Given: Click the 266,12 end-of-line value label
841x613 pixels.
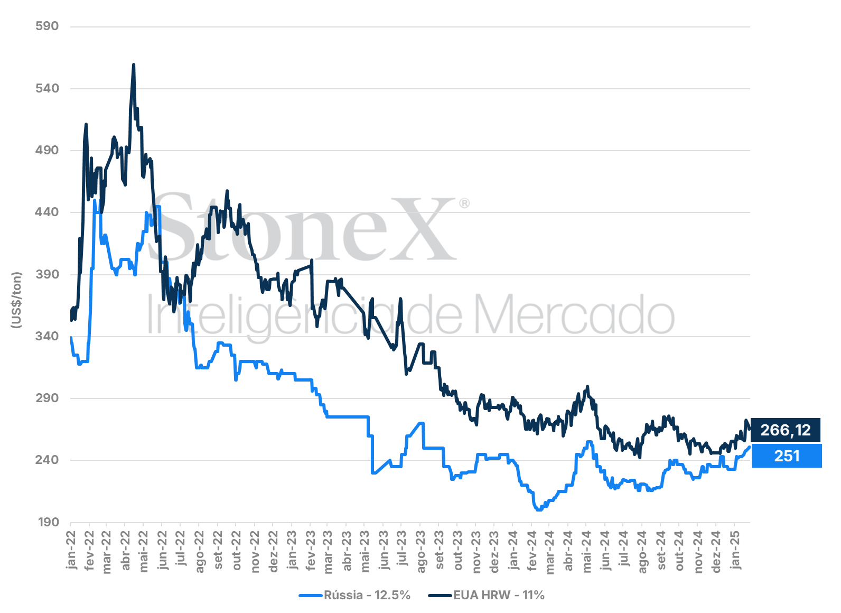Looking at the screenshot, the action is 786,430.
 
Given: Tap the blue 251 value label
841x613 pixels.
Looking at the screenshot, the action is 787,456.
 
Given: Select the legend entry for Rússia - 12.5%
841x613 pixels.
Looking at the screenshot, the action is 354,596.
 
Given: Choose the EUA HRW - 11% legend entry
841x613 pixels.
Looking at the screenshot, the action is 486,596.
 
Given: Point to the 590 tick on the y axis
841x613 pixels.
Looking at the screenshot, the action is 48,26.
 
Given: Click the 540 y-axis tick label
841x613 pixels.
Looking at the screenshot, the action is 48,89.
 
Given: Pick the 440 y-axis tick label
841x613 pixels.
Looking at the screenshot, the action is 48,212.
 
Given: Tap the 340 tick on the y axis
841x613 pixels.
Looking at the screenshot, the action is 48,336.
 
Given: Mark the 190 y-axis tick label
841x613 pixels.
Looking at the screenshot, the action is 48,522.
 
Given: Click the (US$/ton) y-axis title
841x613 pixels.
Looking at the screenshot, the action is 16,300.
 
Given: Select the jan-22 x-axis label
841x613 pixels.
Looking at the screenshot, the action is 71,550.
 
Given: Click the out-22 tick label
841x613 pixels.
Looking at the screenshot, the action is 236,551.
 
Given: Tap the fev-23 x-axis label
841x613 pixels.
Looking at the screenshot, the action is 310,551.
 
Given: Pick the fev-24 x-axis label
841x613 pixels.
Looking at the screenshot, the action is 531,551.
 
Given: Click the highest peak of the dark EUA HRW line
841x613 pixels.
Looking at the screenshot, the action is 134,64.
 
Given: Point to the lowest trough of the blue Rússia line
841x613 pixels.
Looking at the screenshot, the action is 539,510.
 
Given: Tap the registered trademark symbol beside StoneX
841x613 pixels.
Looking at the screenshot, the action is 464,203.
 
